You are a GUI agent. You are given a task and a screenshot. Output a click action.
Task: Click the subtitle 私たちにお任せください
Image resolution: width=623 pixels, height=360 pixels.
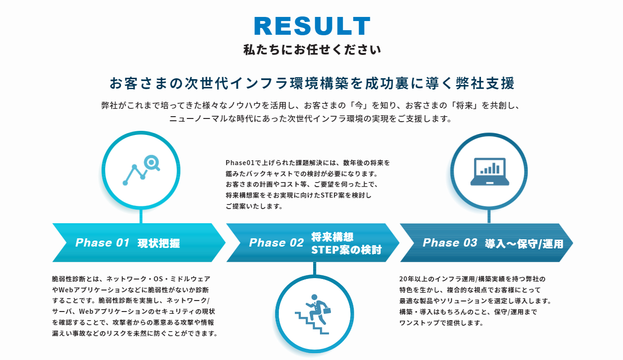312,50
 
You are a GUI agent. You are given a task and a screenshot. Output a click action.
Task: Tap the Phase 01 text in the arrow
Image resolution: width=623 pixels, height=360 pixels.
102,242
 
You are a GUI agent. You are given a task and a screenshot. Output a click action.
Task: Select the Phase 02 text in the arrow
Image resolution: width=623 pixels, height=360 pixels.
276,242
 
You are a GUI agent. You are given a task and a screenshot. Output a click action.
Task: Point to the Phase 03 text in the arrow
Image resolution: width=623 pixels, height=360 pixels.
450,242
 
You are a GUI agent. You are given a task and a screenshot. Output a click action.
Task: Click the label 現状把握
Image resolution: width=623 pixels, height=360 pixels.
159,243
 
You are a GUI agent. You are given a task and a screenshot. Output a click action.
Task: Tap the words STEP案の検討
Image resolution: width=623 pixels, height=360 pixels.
346,250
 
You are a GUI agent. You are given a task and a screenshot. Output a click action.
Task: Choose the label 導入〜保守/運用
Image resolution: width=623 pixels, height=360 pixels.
524,244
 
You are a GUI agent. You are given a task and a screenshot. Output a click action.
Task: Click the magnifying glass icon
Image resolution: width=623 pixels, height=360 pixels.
152,162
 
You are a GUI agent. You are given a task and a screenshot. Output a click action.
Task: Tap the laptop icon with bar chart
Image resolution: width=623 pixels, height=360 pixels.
490,171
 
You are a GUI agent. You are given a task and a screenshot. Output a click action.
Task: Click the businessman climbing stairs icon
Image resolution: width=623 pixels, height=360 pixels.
314,314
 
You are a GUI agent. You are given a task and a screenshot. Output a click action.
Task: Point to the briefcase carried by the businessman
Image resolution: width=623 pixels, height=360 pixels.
327,310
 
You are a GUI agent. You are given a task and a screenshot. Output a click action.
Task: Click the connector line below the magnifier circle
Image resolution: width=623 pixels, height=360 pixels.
141,216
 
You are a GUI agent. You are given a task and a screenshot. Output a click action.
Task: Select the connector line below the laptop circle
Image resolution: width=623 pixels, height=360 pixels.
489,217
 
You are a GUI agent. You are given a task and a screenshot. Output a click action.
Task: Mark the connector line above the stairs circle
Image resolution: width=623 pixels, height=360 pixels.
314,269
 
